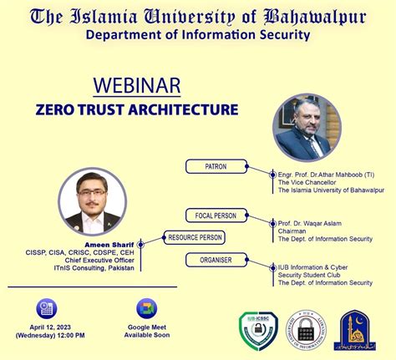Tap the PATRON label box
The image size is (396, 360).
[x=216, y=166]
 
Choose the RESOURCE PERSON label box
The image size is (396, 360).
[x=195, y=237]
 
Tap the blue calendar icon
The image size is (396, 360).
[x=45, y=307]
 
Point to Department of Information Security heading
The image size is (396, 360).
[x=197, y=34]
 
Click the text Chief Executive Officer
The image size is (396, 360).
[x=98, y=258]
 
